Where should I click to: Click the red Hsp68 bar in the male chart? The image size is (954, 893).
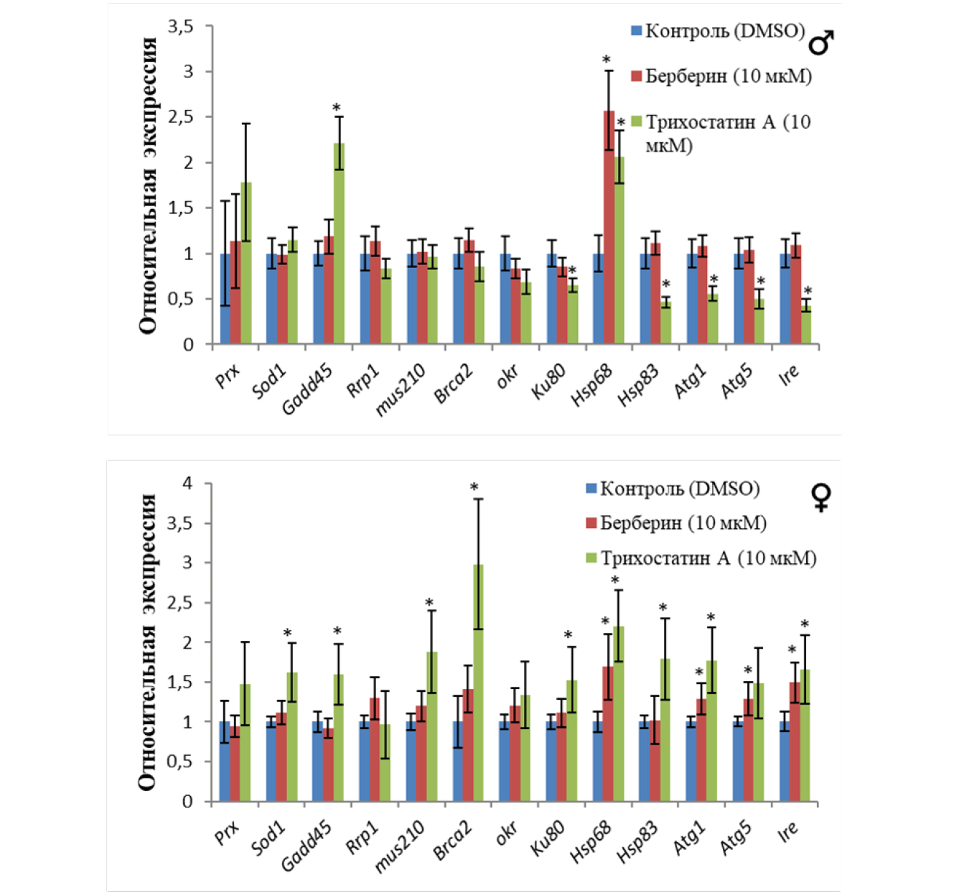(609, 230)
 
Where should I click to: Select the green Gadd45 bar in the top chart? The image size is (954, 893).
(339, 244)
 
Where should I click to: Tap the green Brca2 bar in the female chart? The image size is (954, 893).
(478, 683)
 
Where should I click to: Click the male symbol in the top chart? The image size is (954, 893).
(821, 43)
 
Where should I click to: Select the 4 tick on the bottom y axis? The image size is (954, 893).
(187, 483)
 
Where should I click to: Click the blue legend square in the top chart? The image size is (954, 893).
(636, 31)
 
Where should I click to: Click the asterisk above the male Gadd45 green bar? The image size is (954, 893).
(336, 108)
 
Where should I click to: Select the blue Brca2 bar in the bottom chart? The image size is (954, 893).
(457, 762)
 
